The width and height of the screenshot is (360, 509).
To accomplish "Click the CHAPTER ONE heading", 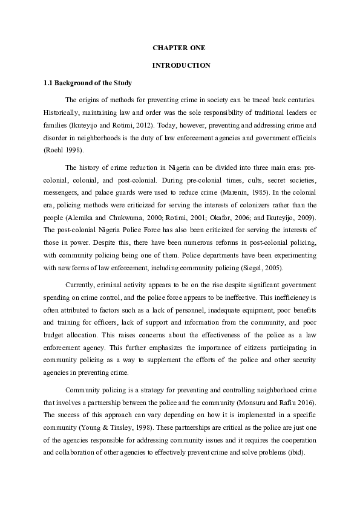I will click(x=180, y=47).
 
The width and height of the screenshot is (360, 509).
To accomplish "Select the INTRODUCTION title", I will click(x=180, y=65).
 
